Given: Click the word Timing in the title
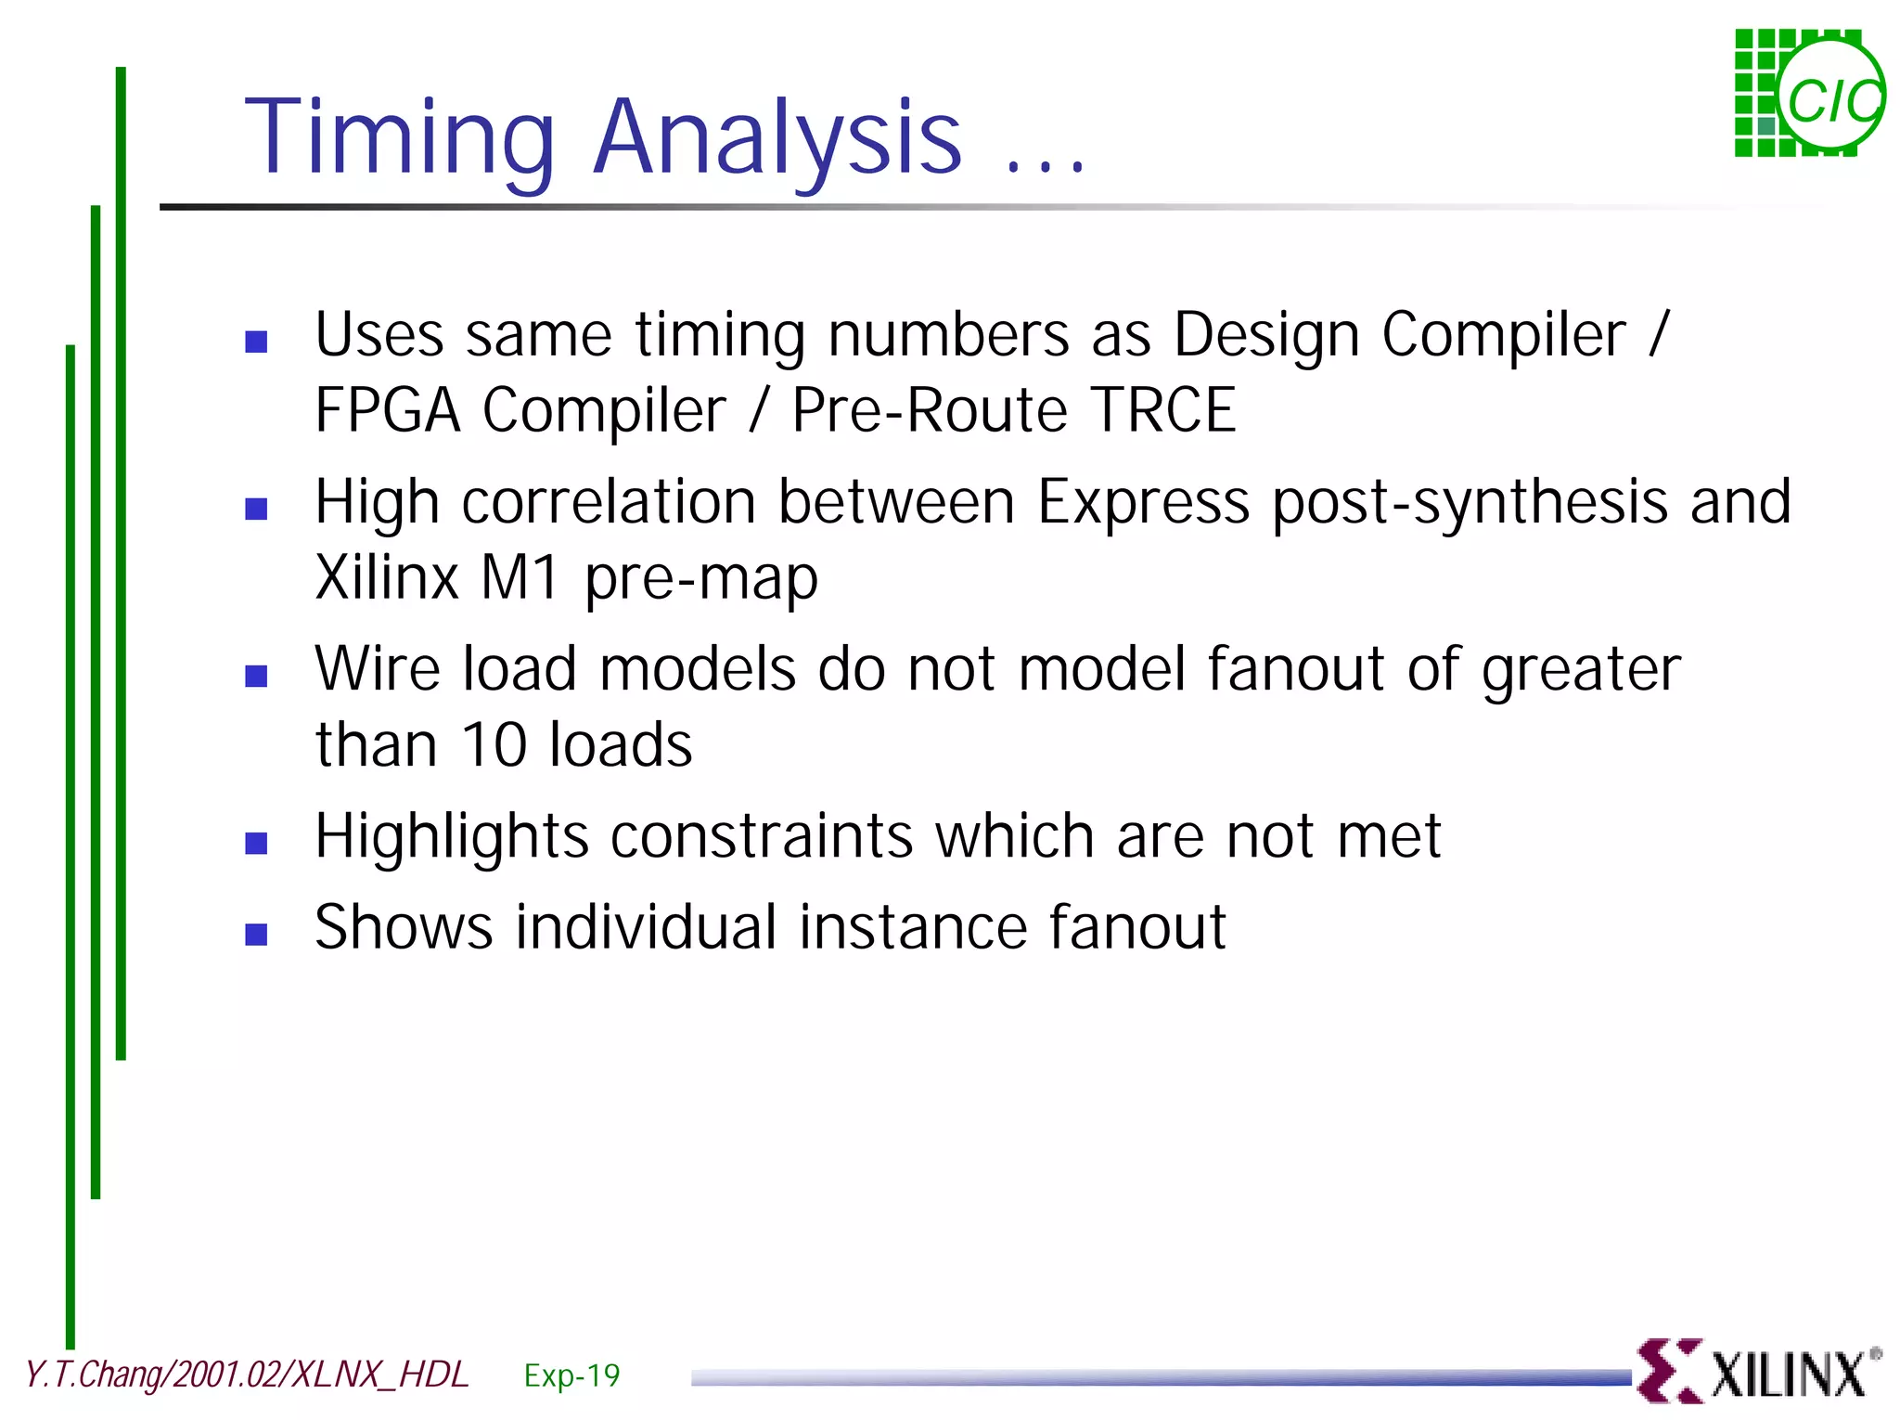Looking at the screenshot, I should [399, 139].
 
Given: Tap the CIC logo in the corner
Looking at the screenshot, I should [1808, 94].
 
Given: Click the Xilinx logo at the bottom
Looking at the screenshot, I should [1758, 1372].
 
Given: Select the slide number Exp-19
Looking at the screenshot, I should [571, 1375].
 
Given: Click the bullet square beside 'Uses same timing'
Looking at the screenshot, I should [256, 342].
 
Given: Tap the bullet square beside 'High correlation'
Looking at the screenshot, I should [256, 509].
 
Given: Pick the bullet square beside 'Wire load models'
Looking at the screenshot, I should [256, 676].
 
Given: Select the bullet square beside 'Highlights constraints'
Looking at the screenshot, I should [256, 843].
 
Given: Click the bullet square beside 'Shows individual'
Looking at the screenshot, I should [256, 934].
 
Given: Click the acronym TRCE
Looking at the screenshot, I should [1162, 410].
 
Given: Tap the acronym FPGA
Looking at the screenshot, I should [388, 410].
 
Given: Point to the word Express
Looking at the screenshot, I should [1143, 503].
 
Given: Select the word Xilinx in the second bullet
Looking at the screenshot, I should [387, 577].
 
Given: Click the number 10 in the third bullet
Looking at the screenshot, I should [494, 744].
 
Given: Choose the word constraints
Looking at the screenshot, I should [762, 835].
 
